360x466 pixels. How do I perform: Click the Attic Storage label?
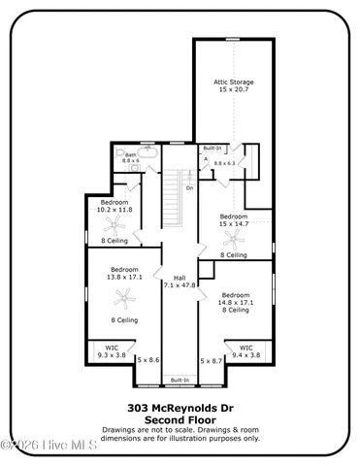pyautogui.click(x=234, y=82)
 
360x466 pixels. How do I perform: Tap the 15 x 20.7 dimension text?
pyautogui.click(x=234, y=89)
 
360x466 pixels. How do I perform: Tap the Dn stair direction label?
pyautogui.click(x=189, y=187)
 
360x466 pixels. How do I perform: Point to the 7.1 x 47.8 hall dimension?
pyautogui.click(x=180, y=285)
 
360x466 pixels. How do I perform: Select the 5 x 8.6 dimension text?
pyautogui.click(x=147, y=360)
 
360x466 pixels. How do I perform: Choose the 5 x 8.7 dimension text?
pyautogui.click(x=212, y=360)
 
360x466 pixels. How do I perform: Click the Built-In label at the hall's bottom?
pyautogui.click(x=180, y=380)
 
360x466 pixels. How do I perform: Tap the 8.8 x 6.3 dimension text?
pyautogui.click(x=225, y=163)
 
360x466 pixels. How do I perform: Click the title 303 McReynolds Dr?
pyautogui.click(x=180, y=408)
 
